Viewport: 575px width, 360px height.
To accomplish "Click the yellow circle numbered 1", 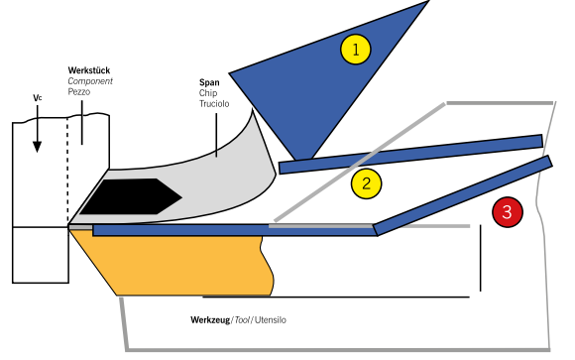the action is (x=355, y=50).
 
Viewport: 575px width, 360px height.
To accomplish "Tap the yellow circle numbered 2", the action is (x=366, y=183).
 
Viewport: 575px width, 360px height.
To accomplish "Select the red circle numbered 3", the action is (x=508, y=212).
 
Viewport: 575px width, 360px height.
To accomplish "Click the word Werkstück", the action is (x=89, y=70).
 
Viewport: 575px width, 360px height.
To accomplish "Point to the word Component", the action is (x=90, y=81).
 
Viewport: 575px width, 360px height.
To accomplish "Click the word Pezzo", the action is (x=79, y=92).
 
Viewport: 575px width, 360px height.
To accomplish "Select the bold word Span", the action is (x=209, y=82).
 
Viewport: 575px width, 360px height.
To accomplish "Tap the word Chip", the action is (x=208, y=93).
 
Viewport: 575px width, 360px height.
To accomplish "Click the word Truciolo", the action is (x=214, y=104).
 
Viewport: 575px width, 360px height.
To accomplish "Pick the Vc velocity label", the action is (x=38, y=98).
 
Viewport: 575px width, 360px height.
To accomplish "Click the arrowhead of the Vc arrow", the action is (x=37, y=147).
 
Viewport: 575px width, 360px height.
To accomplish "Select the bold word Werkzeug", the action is (x=210, y=320).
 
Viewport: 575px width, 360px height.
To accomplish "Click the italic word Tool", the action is (x=242, y=320).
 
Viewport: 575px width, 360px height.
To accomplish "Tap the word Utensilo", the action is (x=271, y=320).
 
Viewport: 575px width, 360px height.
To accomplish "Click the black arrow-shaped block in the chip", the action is (x=131, y=196).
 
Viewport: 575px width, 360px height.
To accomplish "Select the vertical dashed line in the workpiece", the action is (x=67, y=171).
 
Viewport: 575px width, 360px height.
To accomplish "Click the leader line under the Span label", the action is (x=216, y=135).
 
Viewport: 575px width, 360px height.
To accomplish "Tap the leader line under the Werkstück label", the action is (x=81, y=123).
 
